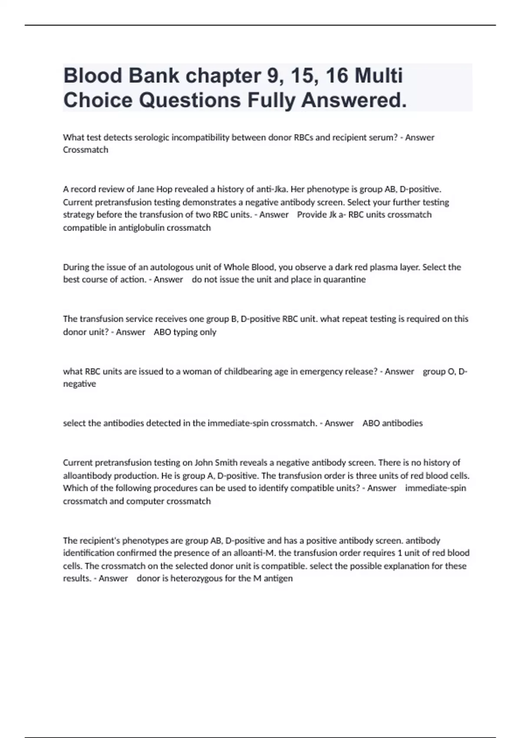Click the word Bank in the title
tap(153, 76)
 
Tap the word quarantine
tap(344, 280)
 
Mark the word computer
tap(145, 501)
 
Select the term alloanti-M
tap(254, 553)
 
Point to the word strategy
tap(79, 215)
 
